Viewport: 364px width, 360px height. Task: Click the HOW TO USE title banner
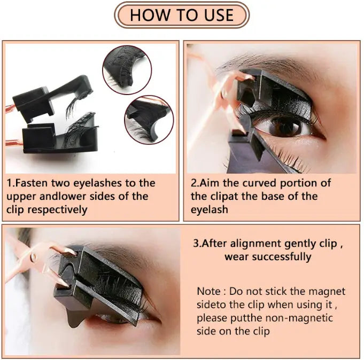coord(182,15)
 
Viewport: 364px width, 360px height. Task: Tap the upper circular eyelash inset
coord(127,69)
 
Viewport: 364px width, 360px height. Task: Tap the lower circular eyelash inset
coord(149,119)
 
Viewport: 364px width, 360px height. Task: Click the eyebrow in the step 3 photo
coord(107,251)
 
